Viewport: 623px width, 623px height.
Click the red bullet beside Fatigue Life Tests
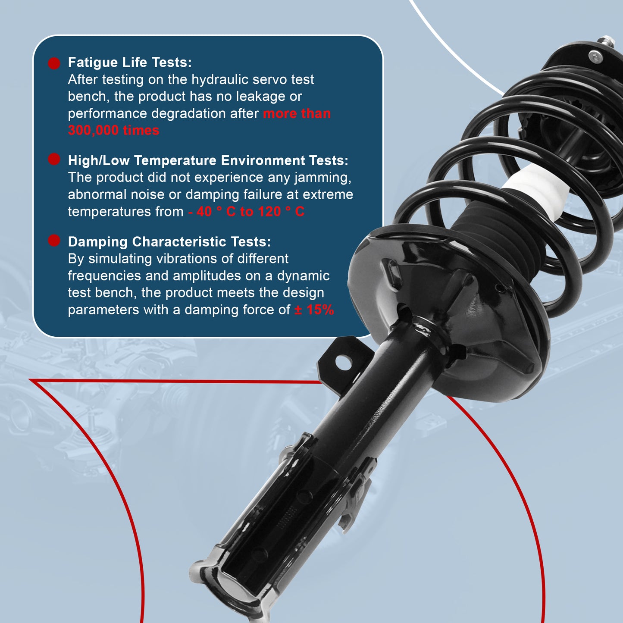coord(54,63)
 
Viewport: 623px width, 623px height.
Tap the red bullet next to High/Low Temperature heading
coord(54,159)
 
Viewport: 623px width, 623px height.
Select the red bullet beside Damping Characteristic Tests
coord(54,240)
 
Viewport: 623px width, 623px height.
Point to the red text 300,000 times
coord(113,130)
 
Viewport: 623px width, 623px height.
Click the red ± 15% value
coord(314,310)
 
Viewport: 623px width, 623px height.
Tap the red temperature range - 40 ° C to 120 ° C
coord(246,212)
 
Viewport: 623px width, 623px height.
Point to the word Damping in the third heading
coord(98,242)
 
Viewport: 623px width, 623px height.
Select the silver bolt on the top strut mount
coord(594,56)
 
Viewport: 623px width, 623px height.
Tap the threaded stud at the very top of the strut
coord(608,41)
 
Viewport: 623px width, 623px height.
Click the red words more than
coord(297,114)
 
